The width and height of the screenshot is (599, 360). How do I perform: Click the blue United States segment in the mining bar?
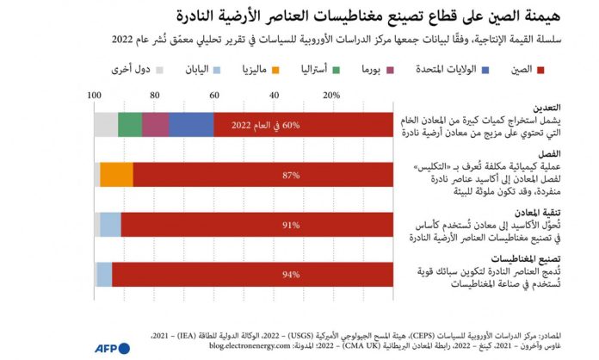coord(191,125)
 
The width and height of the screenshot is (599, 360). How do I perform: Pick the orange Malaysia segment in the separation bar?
coord(116,175)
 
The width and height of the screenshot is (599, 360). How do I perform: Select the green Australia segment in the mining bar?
coord(130,125)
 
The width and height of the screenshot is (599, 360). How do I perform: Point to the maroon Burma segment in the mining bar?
coord(156,125)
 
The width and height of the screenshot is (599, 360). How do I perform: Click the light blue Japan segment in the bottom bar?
coord(104,275)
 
